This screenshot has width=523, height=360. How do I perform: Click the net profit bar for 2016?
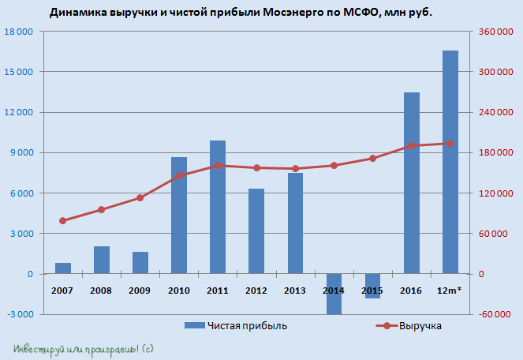[411, 183]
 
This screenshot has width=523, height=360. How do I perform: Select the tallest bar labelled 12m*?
[450, 162]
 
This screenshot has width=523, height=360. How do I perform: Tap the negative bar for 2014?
[334, 294]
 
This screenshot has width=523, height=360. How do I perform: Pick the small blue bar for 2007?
[62, 268]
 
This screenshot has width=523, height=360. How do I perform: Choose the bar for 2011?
[218, 207]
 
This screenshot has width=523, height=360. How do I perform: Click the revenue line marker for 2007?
[62, 220]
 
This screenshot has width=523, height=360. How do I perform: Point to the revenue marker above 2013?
[295, 168]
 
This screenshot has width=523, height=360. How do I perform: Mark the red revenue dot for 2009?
[140, 197]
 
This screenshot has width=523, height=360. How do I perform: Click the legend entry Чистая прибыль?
[236, 325]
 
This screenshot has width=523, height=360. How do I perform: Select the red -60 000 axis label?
[491, 314]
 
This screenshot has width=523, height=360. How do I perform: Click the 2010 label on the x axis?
[179, 291]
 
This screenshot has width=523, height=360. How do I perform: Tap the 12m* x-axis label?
[450, 291]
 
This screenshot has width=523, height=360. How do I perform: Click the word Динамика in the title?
[77, 13]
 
